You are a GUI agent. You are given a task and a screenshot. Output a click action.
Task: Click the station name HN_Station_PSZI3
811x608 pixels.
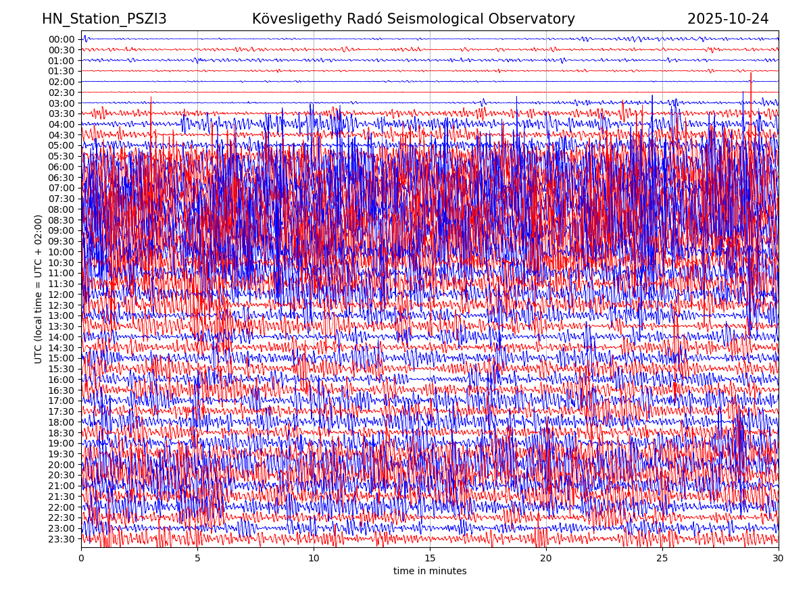coord(104,19)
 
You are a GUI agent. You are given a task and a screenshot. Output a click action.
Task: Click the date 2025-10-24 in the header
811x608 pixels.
coord(728,19)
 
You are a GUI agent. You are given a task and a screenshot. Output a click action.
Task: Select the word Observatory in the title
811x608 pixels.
coord(539,19)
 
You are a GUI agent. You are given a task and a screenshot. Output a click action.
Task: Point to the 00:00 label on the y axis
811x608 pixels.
coord(61,39)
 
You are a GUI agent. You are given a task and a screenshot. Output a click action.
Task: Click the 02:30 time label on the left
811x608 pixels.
coord(61,93)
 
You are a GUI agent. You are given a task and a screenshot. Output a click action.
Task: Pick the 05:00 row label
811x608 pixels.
coord(61,146)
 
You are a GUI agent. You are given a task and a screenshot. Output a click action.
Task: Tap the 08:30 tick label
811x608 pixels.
coord(61,220)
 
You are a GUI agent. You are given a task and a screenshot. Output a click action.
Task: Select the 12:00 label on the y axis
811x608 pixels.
coord(61,295)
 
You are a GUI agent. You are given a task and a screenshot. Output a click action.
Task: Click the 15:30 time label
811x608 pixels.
coord(61,370)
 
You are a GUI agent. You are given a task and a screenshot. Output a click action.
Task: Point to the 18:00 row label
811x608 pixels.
coord(61,423)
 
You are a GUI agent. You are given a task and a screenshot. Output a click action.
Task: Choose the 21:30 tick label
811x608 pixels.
coord(61,497)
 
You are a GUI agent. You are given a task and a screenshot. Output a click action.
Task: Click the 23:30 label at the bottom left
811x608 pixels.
coord(61,540)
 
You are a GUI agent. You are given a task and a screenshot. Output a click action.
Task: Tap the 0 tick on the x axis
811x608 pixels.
coord(81,559)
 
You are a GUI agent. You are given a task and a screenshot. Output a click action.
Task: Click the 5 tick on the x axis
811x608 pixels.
coord(197,559)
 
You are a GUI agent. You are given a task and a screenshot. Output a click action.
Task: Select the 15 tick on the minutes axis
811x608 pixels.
coord(430,559)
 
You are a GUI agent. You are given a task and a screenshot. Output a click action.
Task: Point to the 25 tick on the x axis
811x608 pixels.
coord(662,559)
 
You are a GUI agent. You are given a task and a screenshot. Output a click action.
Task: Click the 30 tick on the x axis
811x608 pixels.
coord(779,559)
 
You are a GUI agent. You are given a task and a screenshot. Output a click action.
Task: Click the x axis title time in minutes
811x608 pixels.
coord(430,572)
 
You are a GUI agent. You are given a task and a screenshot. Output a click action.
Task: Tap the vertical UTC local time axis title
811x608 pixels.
coord(39,289)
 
